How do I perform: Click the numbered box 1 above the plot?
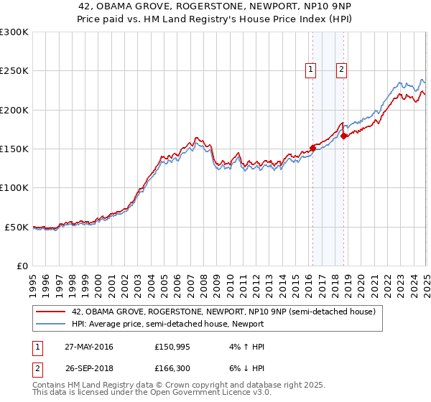point(310,70)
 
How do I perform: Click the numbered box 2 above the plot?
point(340,70)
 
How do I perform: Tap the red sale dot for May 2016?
point(312,149)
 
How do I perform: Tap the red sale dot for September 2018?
point(344,136)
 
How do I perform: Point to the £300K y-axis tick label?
point(14,32)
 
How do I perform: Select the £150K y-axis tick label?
point(14,149)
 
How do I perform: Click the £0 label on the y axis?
point(22,266)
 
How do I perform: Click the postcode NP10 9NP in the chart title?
point(275,7)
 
